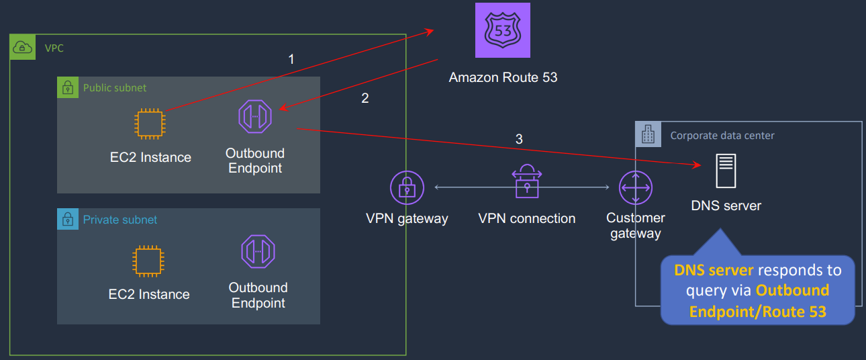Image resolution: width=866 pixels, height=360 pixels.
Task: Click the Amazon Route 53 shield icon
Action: click(503, 30)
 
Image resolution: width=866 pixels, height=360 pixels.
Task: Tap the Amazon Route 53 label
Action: click(503, 77)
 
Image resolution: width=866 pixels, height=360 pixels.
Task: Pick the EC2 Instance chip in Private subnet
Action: click(149, 261)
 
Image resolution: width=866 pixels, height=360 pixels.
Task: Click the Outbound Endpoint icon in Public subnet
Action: click(255, 116)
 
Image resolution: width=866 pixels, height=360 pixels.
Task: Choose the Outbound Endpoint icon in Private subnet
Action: click(258, 251)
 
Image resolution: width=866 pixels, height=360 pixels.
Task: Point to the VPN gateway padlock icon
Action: click(407, 187)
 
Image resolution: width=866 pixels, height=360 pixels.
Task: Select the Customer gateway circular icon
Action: click(635, 187)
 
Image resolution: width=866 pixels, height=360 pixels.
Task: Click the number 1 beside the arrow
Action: click(291, 59)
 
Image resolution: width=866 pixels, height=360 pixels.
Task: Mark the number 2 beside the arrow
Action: click(365, 98)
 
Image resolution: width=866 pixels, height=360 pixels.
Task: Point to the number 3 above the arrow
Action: click(518, 139)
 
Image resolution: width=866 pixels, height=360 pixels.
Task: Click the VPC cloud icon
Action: click(22, 47)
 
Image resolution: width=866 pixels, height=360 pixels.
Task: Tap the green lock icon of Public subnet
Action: click(67, 87)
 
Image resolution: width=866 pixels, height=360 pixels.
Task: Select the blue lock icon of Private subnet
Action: click(67, 219)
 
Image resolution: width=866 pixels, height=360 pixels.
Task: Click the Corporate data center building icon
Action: click(648, 135)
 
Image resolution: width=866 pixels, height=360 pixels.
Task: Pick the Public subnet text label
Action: click(115, 88)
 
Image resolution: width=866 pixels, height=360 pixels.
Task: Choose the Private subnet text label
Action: click(120, 220)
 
